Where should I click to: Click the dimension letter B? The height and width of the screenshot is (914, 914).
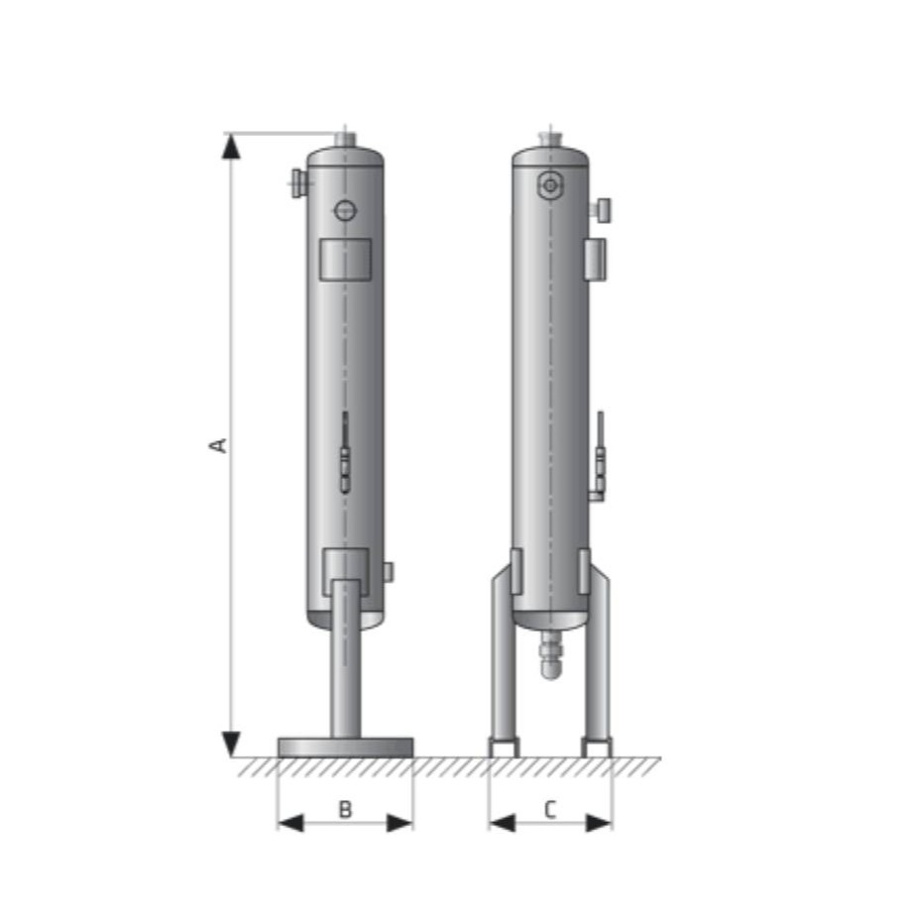coord(345,810)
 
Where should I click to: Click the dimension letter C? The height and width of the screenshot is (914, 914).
coord(551,810)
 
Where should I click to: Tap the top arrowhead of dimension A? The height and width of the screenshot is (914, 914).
coord(231,147)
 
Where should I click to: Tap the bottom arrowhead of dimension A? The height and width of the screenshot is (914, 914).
coord(231,743)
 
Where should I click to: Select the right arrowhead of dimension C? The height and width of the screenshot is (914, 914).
coord(600,823)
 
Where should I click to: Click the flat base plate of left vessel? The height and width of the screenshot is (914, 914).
coord(345,746)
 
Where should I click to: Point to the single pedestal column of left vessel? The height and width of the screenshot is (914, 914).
coord(345,664)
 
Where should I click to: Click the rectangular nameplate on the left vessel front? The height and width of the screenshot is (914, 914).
coord(344,258)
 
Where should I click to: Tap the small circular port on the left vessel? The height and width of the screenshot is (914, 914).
coord(344,210)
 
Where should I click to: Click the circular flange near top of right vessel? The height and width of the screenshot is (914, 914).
coord(549,185)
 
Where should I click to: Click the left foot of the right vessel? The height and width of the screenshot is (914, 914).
coord(504,747)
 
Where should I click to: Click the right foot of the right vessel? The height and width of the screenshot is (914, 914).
coord(597,747)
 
